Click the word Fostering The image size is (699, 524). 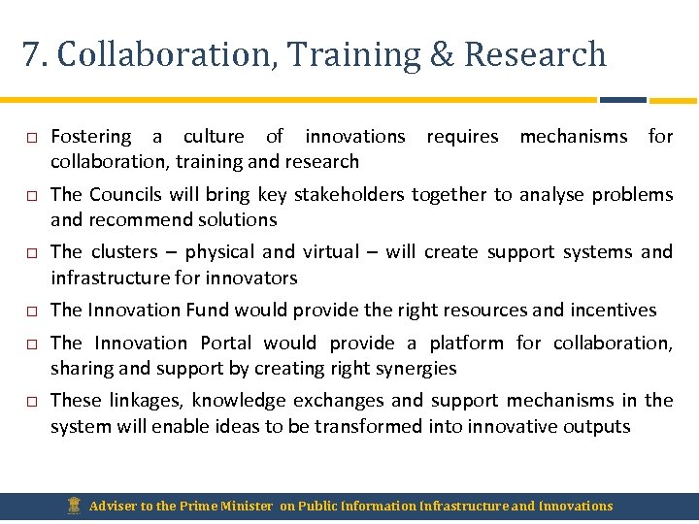90,137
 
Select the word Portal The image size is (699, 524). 226,343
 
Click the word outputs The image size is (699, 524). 597,427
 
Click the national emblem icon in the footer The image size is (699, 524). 75,506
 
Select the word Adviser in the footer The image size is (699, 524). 115,506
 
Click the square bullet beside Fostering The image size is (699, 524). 31,138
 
